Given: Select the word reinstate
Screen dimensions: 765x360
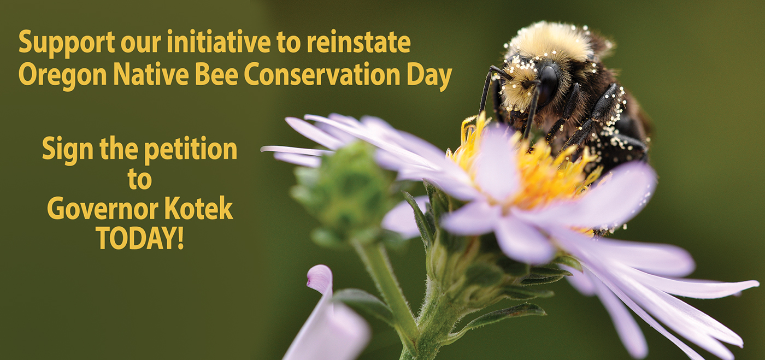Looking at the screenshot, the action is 358,43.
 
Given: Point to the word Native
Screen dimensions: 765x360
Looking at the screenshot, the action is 151,74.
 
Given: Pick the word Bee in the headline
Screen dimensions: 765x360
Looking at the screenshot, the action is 216,74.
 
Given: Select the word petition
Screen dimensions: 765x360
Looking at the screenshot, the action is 191,150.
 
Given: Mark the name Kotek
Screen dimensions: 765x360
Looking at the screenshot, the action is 198,208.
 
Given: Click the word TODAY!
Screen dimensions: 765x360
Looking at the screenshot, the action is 140,238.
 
